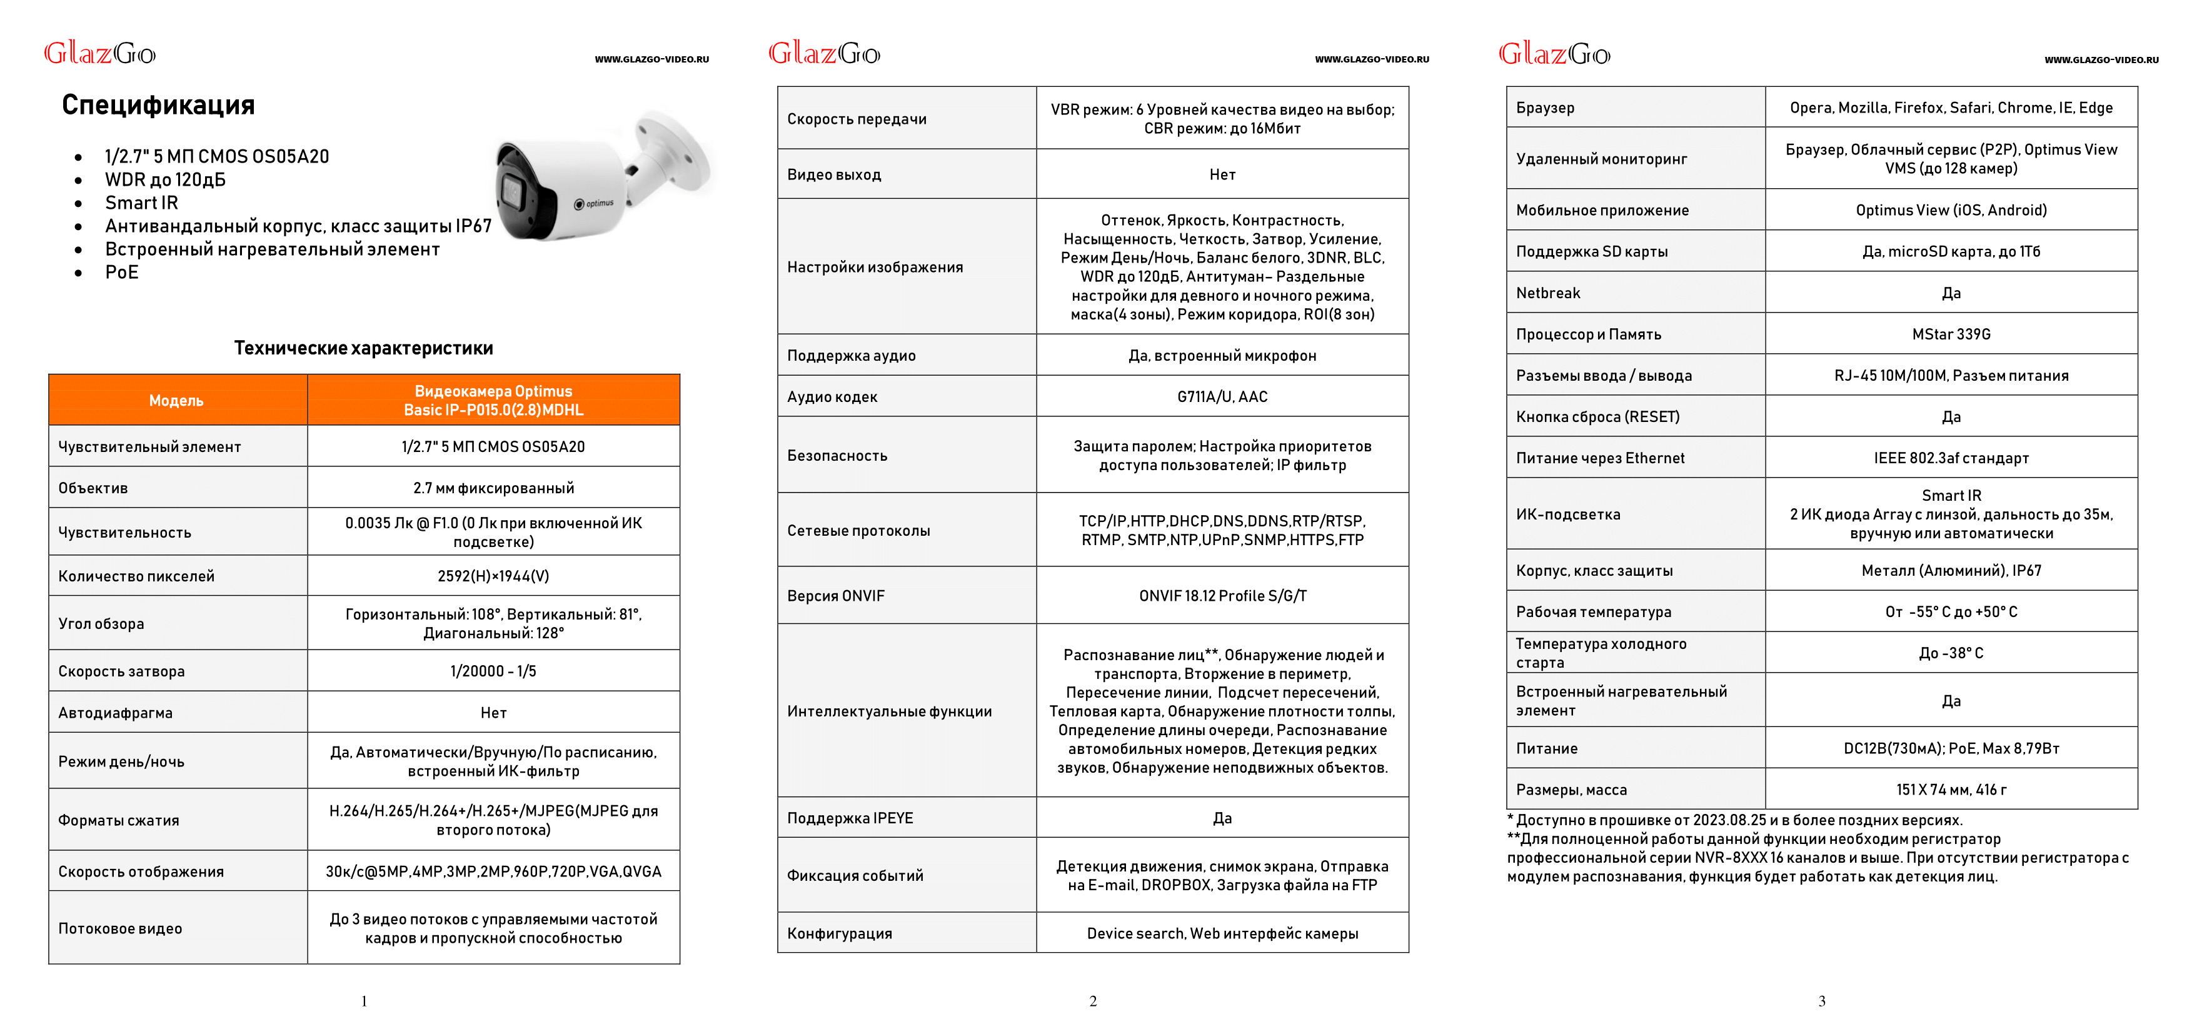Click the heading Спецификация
[x=158, y=105]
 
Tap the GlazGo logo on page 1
[x=99, y=54]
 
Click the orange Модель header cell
[x=176, y=401]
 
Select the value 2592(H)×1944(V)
[x=493, y=576]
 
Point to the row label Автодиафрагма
[x=116, y=712]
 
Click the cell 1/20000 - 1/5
[x=493, y=671]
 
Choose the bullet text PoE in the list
[x=121, y=273]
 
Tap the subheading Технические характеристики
[x=363, y=348]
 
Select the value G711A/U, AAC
[x=1222, y=396]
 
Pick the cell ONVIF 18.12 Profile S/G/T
[x=1222, y=596]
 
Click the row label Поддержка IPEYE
[x=850, y=818]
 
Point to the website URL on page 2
[x=1371, y=59]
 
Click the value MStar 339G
[x=1950, y=334]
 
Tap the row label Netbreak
[x=1547, y=293]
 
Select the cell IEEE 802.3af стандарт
[x=1950, y=458]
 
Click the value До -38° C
[x=1950, y=653]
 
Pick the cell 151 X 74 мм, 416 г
[x=1950, y=790]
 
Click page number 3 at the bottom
[x=1822, y=1001]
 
